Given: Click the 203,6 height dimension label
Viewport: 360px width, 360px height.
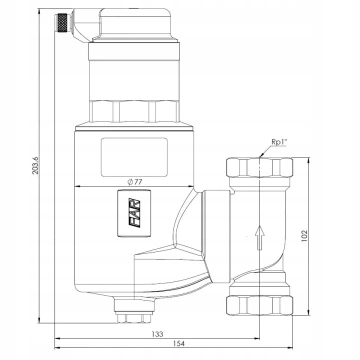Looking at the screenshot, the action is point(35,165).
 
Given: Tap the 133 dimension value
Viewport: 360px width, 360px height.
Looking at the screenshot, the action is point(157,334).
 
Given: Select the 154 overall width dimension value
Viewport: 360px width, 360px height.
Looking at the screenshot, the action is point(179,343).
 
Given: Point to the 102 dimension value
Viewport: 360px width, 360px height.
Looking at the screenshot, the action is point(304,236).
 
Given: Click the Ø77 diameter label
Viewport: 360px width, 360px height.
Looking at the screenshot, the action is point(135,182).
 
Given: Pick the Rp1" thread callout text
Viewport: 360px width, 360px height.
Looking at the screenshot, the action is point(279,142).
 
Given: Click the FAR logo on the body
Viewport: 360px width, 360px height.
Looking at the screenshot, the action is point(134,213).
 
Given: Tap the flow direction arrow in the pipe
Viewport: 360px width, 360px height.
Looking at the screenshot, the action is point(259,237).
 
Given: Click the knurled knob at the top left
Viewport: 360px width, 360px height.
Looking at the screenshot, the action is point(62,22).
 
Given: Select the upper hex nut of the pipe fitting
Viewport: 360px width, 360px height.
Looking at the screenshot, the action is point(259,167).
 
